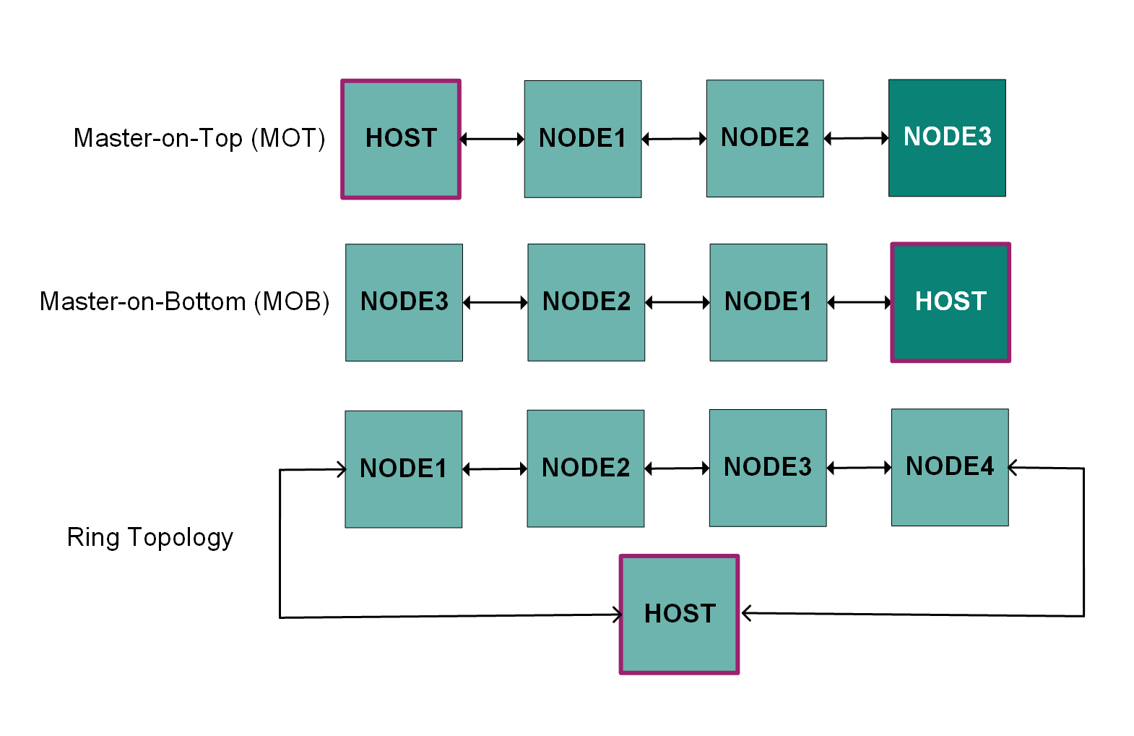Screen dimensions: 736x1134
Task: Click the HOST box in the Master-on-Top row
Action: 401,139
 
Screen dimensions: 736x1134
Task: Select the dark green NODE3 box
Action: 947,137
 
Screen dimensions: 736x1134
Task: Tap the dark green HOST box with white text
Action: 951,302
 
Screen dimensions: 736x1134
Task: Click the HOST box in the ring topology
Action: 679,615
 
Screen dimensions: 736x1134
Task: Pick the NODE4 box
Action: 950,467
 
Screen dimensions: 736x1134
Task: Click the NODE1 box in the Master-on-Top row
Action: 583,139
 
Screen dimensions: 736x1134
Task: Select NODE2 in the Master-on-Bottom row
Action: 586,302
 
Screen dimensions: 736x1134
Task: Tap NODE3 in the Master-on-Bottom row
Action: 404,302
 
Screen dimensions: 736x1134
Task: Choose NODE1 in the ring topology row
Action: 403,469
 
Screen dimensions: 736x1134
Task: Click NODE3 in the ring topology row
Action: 768,468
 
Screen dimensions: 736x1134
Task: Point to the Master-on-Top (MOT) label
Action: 199,137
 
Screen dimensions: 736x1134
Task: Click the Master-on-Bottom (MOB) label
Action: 185,301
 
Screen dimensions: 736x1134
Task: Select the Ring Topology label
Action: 150,537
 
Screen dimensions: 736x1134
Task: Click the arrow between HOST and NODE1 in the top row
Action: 492,139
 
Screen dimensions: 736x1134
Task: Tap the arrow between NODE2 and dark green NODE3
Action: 856,137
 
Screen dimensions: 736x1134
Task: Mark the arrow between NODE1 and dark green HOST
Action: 860,302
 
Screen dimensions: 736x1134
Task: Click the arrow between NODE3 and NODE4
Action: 859,468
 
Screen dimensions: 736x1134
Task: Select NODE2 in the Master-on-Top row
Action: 765,138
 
